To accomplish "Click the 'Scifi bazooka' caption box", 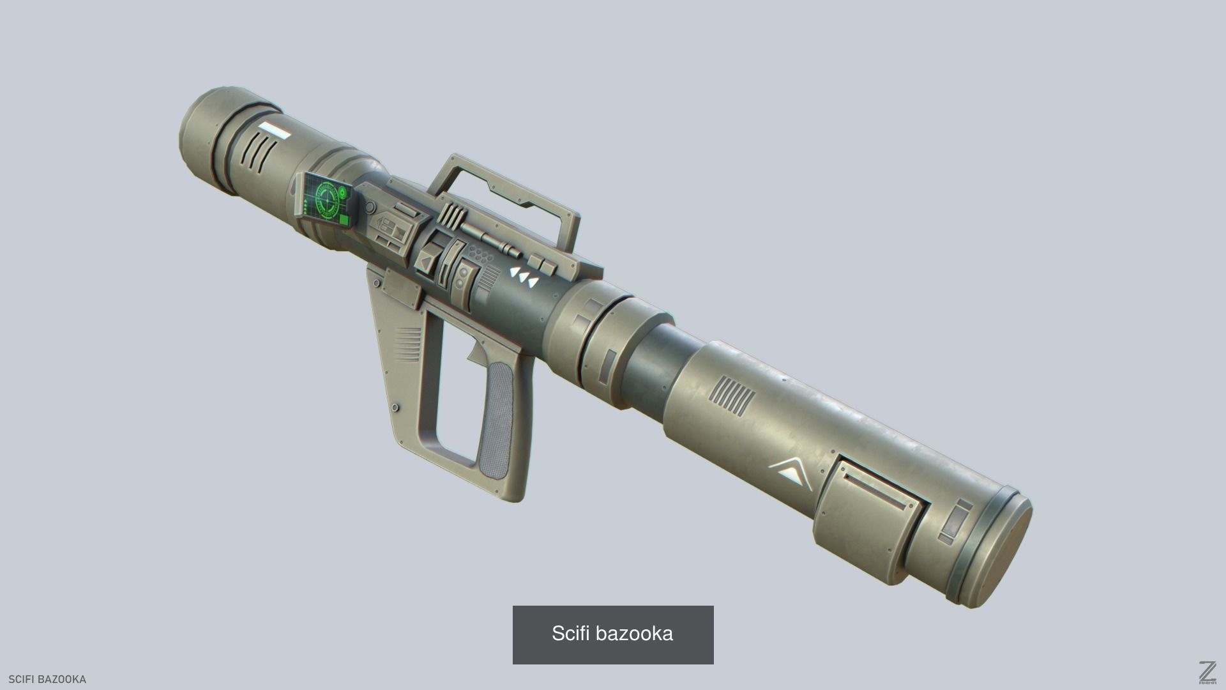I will tap(612, 634).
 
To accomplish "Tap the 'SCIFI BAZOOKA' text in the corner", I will tap(47, 679).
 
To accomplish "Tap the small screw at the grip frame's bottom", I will tap(396, 407).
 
